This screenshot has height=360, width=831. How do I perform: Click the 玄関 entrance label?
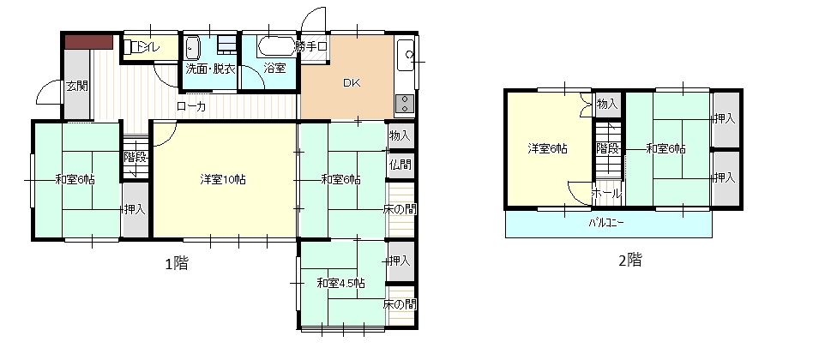(77, 86)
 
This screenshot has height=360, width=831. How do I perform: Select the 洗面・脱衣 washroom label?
(210, 69)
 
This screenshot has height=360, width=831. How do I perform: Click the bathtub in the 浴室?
(275, 46)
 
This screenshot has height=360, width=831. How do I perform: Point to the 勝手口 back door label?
(311, 46)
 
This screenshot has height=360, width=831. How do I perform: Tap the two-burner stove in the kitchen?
(405, 103)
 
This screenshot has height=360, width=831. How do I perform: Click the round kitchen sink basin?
(409, 55)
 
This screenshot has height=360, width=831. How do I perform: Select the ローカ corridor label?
(191, 106)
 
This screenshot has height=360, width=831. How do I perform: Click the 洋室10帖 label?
(223, 179)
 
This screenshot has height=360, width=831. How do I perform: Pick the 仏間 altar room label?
(400, 164)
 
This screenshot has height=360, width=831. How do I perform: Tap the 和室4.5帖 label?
(340, 283)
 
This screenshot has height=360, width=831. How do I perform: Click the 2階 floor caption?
(630, 260)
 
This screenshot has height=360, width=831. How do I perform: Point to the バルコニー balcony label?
(606, 223)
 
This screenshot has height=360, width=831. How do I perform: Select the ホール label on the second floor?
(605, 193)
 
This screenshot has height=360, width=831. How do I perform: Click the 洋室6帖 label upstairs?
(547, 149)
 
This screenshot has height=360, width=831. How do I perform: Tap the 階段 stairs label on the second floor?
(607, 148)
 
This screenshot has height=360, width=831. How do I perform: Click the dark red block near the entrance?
(89, 42)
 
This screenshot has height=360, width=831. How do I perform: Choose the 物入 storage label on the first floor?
(400, 135)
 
